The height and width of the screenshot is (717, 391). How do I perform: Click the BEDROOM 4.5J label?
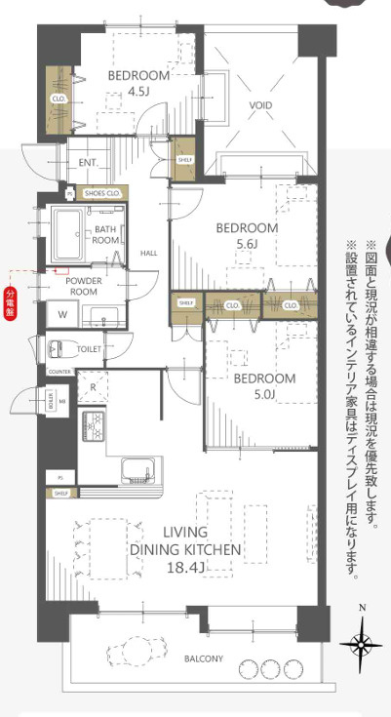(x=138, y=84)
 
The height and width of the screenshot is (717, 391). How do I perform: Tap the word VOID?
(x=260, y=105)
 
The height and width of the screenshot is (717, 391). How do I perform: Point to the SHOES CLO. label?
(x=101, y=194)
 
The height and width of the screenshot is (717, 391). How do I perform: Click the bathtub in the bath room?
(x=69, y=234)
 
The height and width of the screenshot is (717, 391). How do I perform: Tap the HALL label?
(x=148, y=253)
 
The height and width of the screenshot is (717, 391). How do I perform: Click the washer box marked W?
(x=62, y=314)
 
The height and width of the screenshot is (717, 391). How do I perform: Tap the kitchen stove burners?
(x=98, y=424)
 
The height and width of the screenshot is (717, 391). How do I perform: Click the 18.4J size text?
(x=184, y=567)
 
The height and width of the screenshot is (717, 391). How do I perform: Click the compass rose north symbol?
(x=362, y=643)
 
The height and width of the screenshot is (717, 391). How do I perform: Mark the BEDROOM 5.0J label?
(x=264, y=385)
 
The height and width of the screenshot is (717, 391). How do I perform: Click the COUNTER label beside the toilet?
(x=58, y=372)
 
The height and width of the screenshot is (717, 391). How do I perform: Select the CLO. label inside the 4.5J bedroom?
(x=58, y=99)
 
